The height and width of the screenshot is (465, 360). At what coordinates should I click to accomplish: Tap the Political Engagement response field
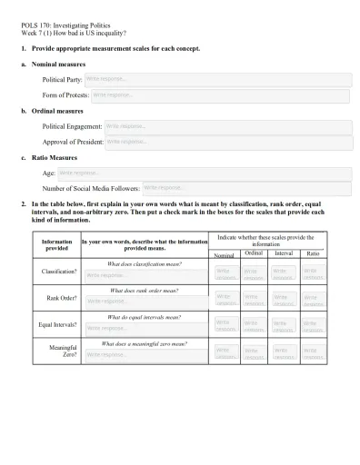pyautogui.click(x=227, y=126)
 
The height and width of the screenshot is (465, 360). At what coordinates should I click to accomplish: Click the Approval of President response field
pyautogui.click(x=227, y=142)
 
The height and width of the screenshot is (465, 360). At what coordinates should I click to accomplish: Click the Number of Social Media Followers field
pyautogui.click(x=245, y=187)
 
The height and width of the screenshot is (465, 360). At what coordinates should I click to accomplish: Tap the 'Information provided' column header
pyautogui.click(x=56, y=245)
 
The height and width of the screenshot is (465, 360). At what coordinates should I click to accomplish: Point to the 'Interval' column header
pyautogui.click(x=284, y=253)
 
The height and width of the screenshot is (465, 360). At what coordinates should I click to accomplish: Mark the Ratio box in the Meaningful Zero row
pyautogui.click(x=313, y=352)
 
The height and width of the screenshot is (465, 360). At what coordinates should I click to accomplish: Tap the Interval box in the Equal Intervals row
pyautogui.click(x=284, y=325)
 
